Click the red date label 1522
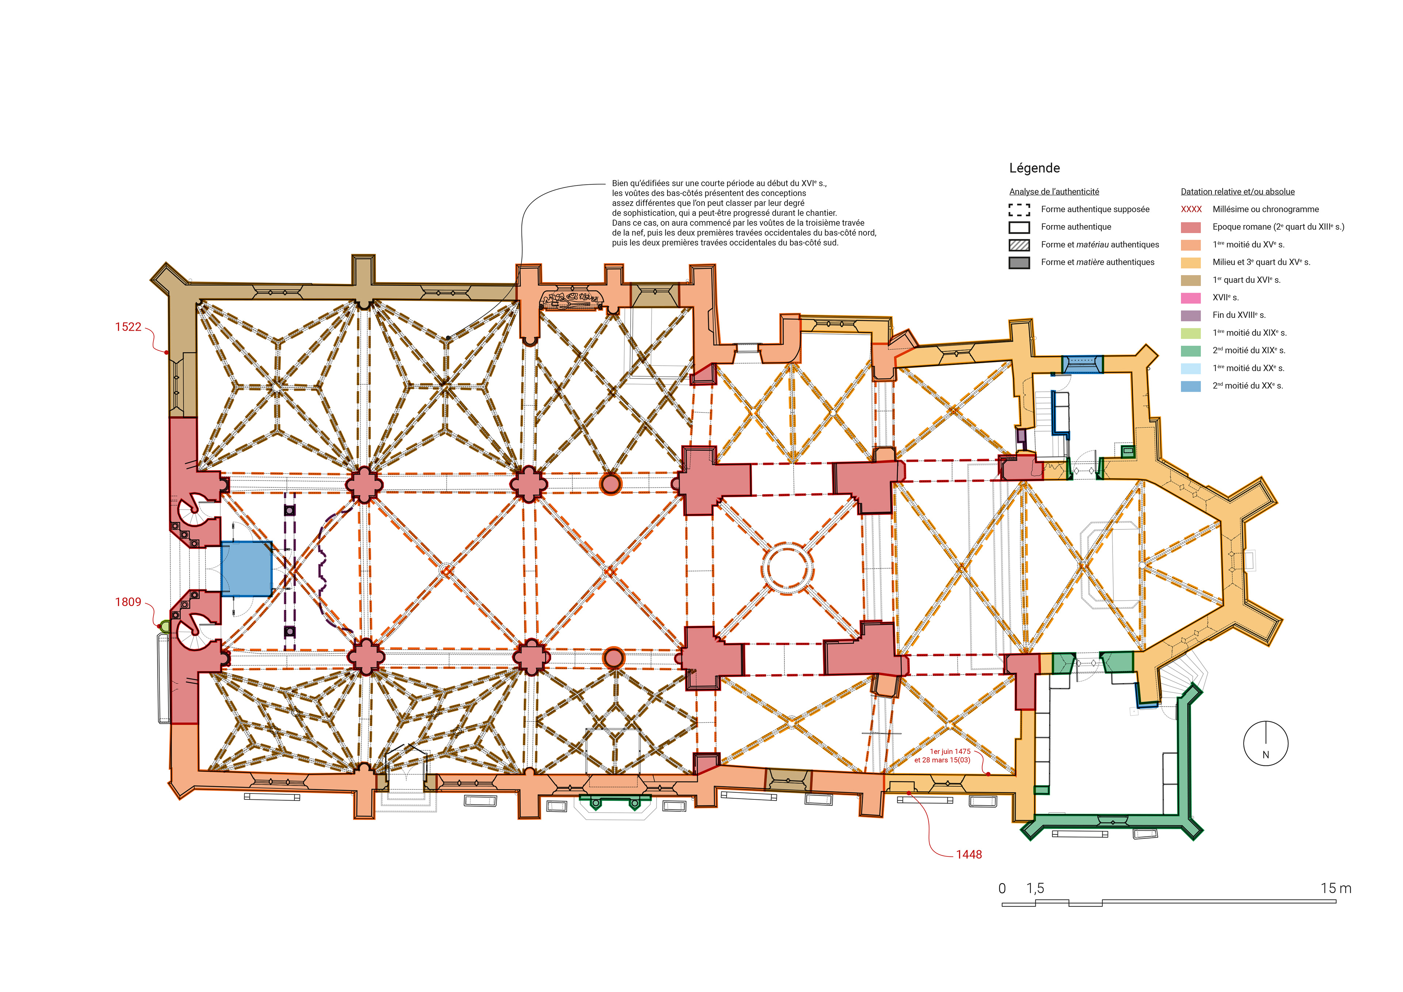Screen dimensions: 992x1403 pos(128,327)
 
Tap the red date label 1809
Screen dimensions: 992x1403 pos(128,602)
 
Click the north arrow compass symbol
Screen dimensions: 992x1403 pos(1266,744)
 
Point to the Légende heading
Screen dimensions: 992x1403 pos(1034,168)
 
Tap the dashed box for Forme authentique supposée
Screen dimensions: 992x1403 pos(1019,210)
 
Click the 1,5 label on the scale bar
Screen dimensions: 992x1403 pos(1035,889)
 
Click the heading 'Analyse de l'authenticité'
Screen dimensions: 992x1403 pos(1054,192)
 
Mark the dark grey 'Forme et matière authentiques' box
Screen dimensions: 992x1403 pos(1019,263)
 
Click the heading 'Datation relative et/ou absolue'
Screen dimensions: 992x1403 pos(1237,192)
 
